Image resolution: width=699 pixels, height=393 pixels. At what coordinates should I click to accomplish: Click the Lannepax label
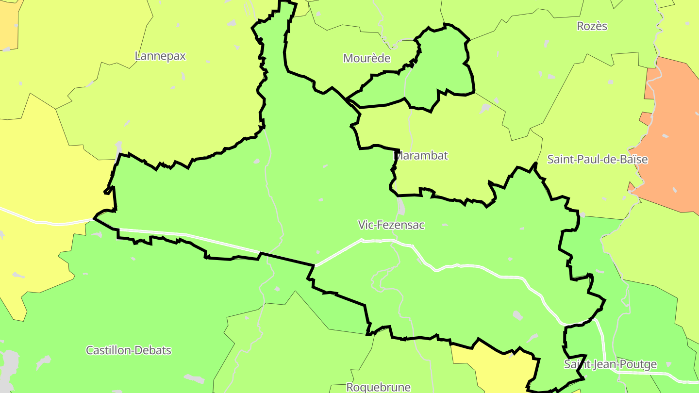coord(160,56)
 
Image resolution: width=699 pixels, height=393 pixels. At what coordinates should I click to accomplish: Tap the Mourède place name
coord(366,58)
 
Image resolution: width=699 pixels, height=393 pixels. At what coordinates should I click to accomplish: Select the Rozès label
coord(592,26)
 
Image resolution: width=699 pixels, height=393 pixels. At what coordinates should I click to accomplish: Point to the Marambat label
coord(420,156)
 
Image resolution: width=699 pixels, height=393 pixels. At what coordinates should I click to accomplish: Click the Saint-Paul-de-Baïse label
coord(597,159)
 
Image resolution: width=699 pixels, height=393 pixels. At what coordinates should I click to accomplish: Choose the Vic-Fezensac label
coord(391,225)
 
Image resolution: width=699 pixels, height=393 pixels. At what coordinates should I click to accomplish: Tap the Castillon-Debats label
coord(129,350)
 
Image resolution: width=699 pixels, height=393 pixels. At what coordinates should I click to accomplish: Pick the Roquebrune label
coord(378,387)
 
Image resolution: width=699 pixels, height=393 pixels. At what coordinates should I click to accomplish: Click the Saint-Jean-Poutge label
coord(610,364)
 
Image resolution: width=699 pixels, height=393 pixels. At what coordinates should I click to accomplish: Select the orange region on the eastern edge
coord(672,136)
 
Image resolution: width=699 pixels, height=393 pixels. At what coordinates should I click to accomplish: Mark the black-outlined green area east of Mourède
coord(439,63)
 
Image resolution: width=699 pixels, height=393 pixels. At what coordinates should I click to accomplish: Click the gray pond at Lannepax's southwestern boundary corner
coord(118,147)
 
